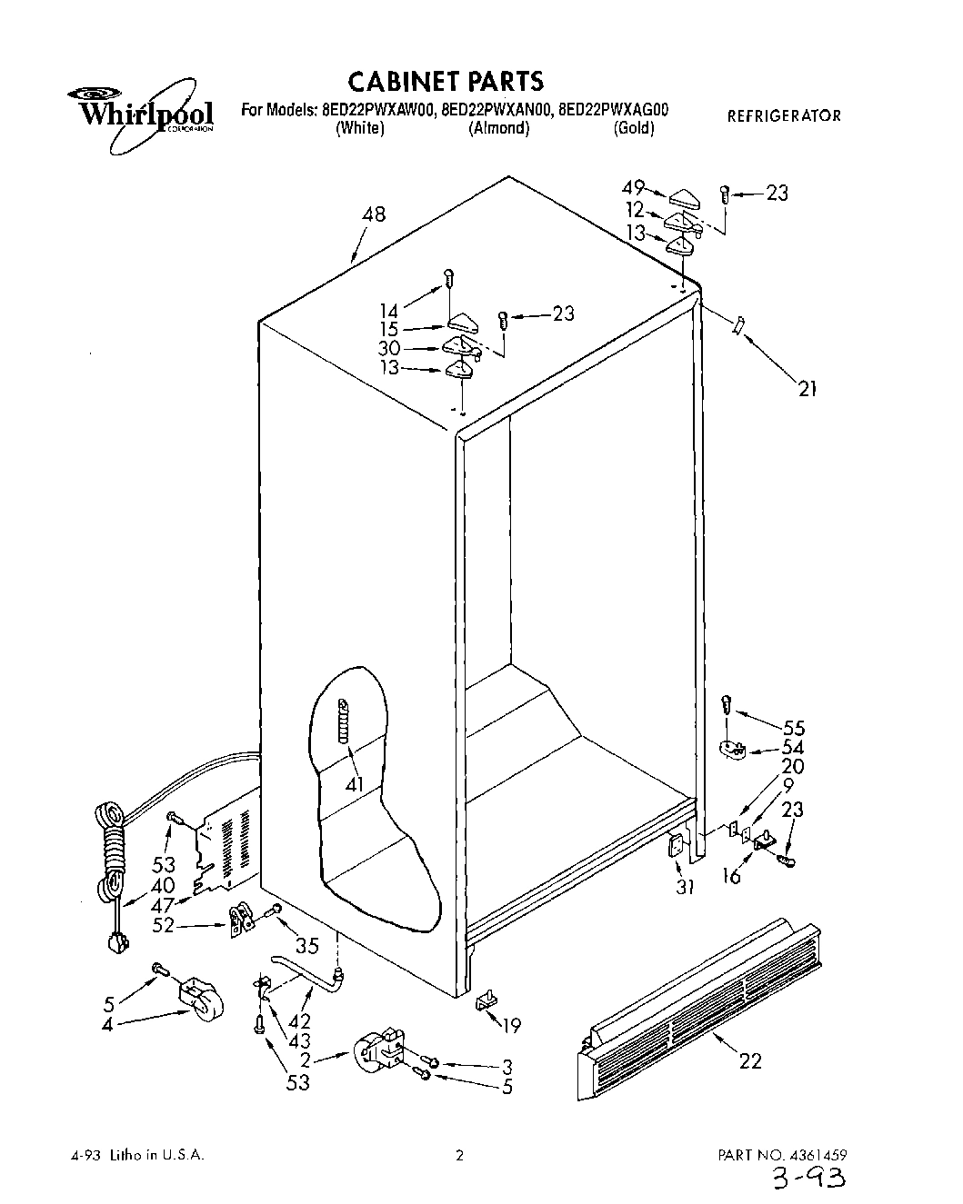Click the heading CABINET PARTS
pyautogui.click(x=446, y=81)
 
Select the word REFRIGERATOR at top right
pyautogui.click(x=784, y=115)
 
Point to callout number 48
pyautogui.click(x=373, y=214)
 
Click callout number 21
pyautogui.click(x=808, y=389)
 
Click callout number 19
pyautogui.click(x=512, y=1026)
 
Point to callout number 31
pyautogui.click(x=684, y=887)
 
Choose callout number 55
pyautogui.click(x=793, y=727)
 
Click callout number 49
pyautogui.click(x=633, y=188)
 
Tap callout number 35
pyautogui.click(x=307, y=946)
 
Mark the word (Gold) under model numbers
pyautogui.click(x=634, y=128)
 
